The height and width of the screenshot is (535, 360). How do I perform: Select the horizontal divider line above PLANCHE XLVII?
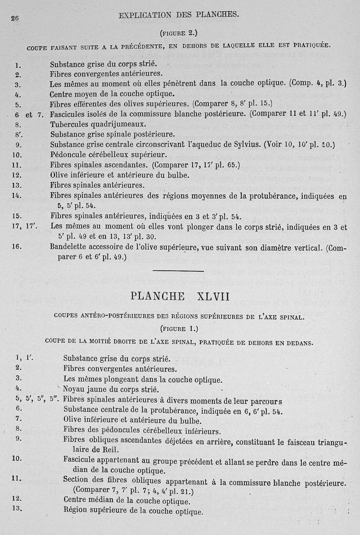[x=179, y=270]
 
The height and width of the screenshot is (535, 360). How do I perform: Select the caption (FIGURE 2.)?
[x=179, y=32]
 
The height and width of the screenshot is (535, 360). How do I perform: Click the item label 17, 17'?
[x=24, y=226]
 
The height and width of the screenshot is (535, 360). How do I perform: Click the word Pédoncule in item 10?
[x=69, y=155]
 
